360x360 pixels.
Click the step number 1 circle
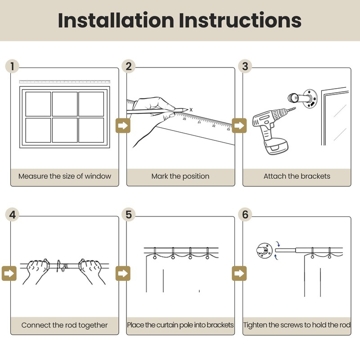12,66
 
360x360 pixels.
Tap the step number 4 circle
12,215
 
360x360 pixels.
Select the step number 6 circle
245,215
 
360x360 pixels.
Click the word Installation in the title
116,20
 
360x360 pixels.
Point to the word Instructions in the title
240,20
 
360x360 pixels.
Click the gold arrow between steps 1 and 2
123,126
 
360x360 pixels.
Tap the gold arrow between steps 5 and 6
239,273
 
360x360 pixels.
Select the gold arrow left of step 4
9,273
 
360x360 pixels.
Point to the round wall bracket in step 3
310,98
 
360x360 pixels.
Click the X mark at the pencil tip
191,110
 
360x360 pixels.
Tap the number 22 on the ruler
214,126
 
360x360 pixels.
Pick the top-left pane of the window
38,104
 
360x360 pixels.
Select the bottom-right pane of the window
91,130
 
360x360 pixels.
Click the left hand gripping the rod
37,271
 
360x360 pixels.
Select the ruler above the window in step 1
64,82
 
